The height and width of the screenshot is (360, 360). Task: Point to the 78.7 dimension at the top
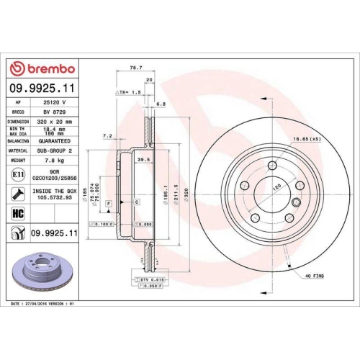(x=133, y=68)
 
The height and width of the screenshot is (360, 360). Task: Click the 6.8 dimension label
(x=161, y=104)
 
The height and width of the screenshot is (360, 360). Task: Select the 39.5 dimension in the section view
(x=143, y=159)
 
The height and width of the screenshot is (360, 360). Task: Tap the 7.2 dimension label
(x=107, y=135)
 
